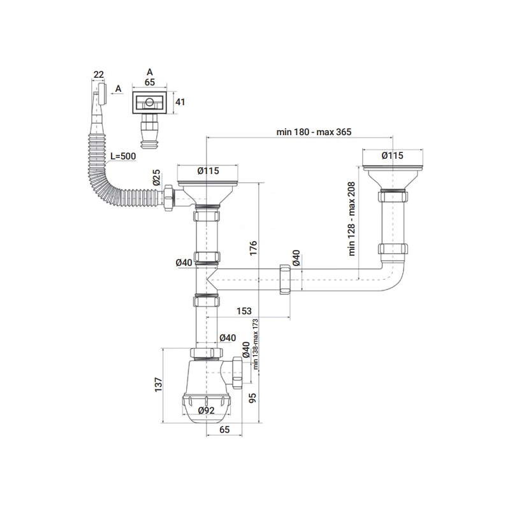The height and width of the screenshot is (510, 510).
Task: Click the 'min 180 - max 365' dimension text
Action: pyautogui.click(x=314, y=132)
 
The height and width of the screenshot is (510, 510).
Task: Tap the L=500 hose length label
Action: pyautogui.click(x=123, y=156)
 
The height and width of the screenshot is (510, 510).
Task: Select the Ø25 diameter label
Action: pyautogui.click(x=157, y=177)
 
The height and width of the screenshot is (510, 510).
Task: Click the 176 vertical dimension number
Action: pyautogui.click(x=253, y=248)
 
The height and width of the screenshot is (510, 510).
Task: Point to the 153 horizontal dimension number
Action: pyautogui.click(x=244, y=311)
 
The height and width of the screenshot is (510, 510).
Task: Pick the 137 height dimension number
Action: pyautogui.click(x=158, y=385)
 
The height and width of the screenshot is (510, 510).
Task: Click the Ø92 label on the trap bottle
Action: pyautogui.click(x=206, y=411)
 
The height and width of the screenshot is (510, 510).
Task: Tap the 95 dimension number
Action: pyautogui.click(x=252, y=398)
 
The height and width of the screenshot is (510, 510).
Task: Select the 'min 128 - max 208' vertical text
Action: pyautogui.click(x=352, y=219)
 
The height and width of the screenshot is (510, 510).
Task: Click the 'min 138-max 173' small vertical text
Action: pyautogui.click(x=256, y=344)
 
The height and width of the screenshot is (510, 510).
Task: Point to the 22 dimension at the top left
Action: pyautogui.click(x=99, y=75)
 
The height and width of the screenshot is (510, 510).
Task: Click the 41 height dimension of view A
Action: pyautogui.click(x=180, y=102)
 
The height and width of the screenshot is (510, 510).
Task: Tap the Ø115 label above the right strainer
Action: pyautogui.click(x=392, y=156)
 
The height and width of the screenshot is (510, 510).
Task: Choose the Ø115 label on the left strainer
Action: pyautogui.click(x=208, y=171)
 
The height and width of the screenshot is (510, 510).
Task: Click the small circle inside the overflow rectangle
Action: pyautogui.click(x=149, y=102)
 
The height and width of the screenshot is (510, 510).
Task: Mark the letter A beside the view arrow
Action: pyautogui.click(x=119, y=89)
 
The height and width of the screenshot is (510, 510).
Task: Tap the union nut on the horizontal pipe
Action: pyautogui.click(x=285, y=280)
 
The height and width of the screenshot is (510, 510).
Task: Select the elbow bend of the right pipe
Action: pyautogui.click(x=394, y=277)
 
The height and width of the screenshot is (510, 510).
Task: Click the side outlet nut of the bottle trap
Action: pyautogui.click(x=237, y=373)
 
